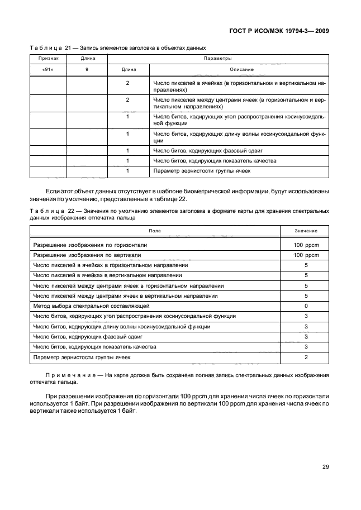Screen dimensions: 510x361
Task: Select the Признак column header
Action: [x=47, y=58]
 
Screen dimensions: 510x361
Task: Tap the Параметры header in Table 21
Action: [x=218, y=58]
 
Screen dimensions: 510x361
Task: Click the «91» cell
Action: [x=47, y=69]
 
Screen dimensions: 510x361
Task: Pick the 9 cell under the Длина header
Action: [x=87, y=69]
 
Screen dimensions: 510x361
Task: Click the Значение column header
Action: [x=306, y=231]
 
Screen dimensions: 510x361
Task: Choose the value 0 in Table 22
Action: [x=306, y=306]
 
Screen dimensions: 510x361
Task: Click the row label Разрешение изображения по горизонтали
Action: [x=90, y=245]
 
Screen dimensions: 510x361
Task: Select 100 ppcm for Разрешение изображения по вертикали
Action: [x=306, y=255]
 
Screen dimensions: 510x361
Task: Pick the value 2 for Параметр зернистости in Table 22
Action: [x=306, y=356]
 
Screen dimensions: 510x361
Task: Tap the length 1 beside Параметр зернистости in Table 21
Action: [x=127, y=171]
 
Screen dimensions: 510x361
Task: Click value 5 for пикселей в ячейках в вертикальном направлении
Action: [x=306, y=275]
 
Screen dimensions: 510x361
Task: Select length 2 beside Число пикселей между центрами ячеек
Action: [x=127, y=99]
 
